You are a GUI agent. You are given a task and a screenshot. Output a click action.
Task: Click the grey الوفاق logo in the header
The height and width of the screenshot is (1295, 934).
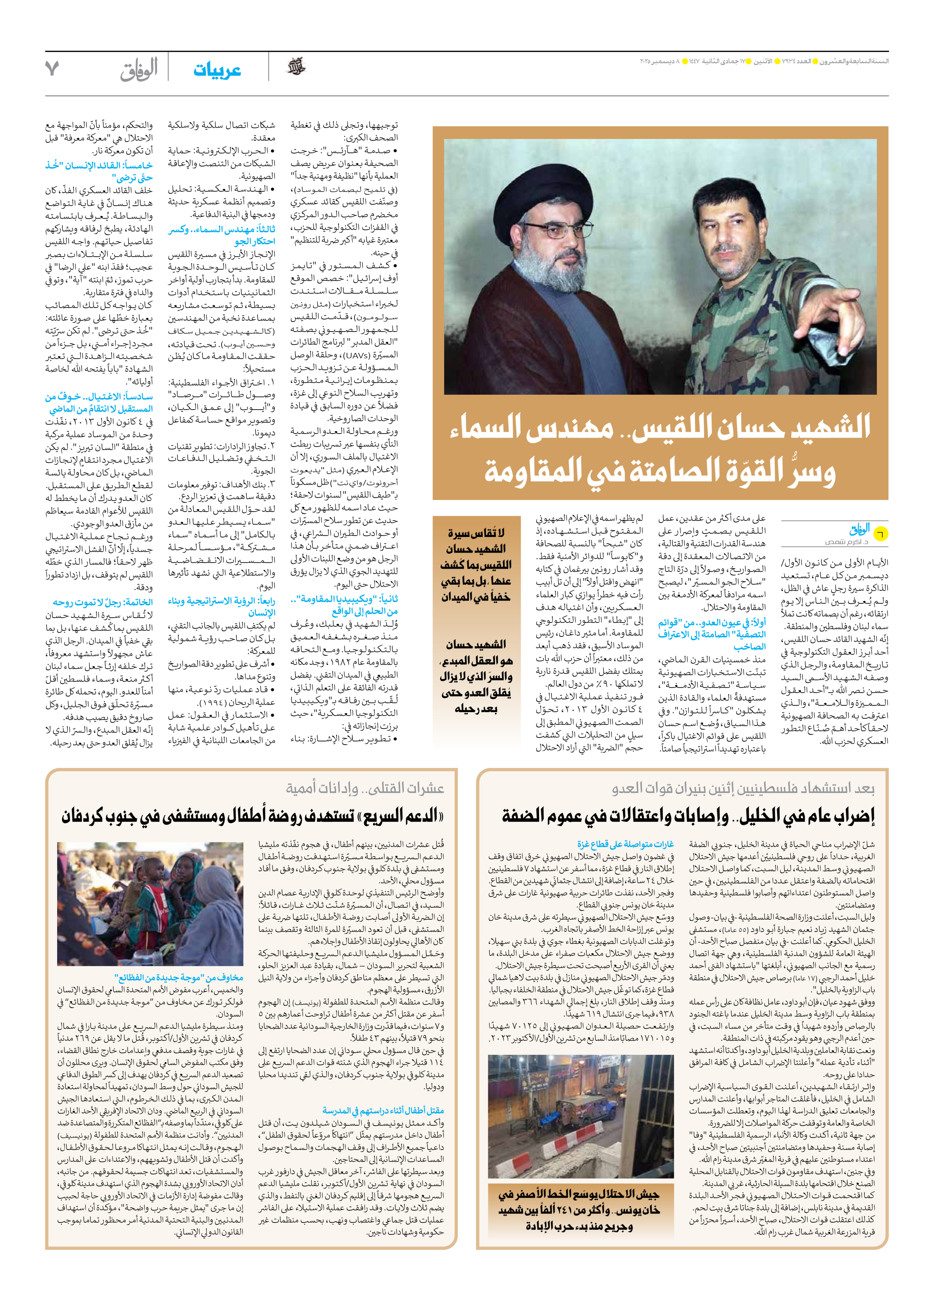[139, 70]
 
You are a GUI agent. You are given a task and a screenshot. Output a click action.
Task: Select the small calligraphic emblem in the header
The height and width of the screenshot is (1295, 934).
[296, 67]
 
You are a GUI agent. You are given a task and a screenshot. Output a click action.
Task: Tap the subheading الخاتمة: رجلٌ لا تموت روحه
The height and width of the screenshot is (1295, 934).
[103, 602]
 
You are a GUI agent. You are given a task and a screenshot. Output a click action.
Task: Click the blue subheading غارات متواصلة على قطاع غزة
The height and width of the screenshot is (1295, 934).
[625, 844]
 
